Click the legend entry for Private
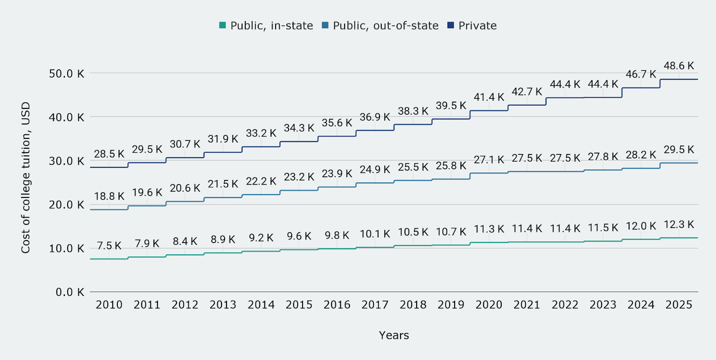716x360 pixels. pos(472,26)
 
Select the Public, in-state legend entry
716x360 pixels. pos(266,26)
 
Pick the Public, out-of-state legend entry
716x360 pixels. pos(380,26)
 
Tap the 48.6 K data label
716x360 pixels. pos(678,66)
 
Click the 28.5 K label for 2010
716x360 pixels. pos(109,154)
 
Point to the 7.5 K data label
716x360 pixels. pos(109,246)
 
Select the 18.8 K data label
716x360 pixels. pos(109,196)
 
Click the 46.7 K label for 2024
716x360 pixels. pos(640,74)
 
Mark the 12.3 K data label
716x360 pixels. pos(678,224)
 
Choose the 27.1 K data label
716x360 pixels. pos(489,160)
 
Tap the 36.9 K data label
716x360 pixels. pos(375,117)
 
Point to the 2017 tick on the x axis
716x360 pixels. pos(375,305)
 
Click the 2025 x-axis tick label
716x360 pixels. pos(678,305)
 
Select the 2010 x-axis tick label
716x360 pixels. pos(109,305)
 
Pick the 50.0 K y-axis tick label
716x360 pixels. pos(67,73)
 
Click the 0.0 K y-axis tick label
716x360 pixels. pos(70,292)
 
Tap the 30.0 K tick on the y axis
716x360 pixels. pos(67,161)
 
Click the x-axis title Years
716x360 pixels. pos(394,335)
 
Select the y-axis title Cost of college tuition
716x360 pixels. pos(26,178)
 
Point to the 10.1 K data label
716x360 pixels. pos(375,234)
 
